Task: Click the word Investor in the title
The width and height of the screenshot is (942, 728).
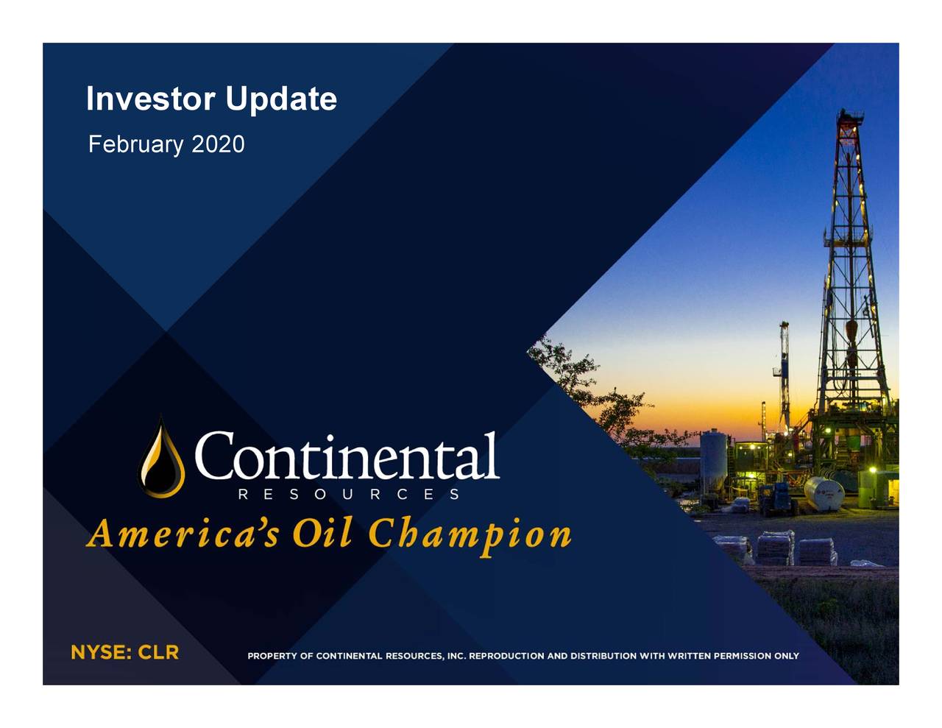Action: click(150, 99)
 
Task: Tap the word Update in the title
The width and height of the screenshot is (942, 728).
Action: click(281, 99)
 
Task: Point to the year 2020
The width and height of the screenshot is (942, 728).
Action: click(218, 144)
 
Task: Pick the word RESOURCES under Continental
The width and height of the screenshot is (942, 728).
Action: click(349, 495)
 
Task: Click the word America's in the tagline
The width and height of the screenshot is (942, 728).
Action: click(183, 534)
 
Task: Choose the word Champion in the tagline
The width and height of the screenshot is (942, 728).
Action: click(470, 536)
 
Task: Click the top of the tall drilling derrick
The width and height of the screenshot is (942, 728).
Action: click(850, 113)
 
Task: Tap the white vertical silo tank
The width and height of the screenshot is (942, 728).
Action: click(713, 463)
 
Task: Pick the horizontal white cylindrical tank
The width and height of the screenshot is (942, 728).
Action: click(824, 493)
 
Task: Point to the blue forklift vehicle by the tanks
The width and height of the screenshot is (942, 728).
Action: click(777, 498)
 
